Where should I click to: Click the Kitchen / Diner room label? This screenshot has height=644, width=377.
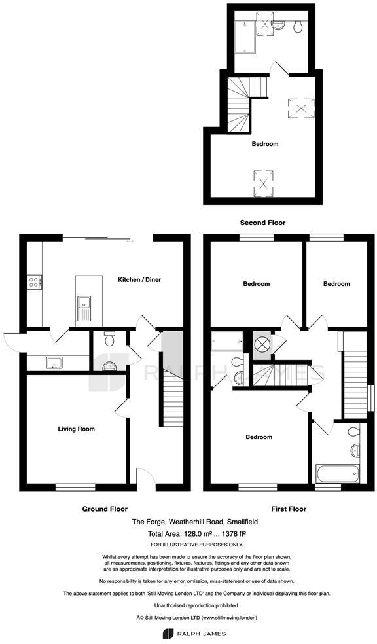[139, 280]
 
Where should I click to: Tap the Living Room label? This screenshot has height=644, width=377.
[76, 429]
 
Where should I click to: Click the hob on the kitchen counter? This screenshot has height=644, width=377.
[33, 283]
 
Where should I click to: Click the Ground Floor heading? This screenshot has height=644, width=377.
[105, 509]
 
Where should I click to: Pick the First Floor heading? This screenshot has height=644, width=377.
[289, 509]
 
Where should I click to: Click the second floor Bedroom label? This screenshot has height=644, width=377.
[265, 144]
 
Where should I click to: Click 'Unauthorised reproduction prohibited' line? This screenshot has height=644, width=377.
[188, 605]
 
